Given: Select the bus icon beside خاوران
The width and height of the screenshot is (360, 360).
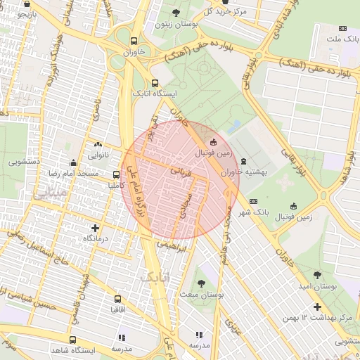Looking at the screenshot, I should (x=134, y=40).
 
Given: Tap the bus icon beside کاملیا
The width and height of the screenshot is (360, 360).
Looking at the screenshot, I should (x=116, y=174).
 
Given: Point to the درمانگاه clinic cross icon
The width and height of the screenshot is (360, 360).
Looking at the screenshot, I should (x=96, y=228).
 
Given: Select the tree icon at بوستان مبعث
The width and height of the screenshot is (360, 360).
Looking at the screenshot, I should (x=201, y=283).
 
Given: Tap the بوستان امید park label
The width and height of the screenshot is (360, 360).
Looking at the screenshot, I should (x=315, y=287).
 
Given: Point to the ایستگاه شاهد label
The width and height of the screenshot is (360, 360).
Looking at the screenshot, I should (x=77, y=349).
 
